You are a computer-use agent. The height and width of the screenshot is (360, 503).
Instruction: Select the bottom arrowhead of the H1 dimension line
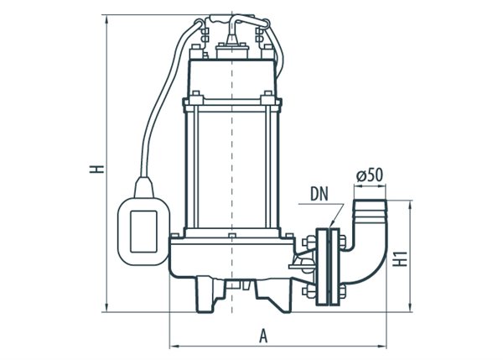(411, 307)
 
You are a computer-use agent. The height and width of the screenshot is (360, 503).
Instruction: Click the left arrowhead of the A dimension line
(173, 344)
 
